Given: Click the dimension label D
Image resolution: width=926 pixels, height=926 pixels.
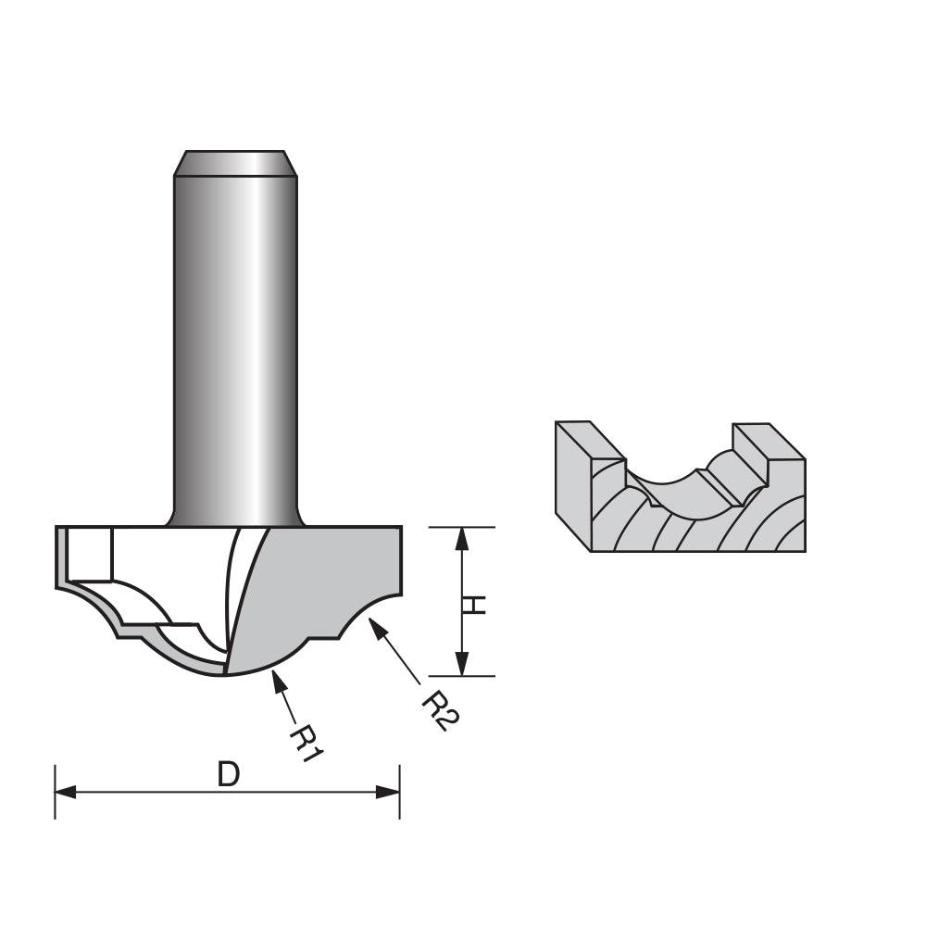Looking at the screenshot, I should [228, 774].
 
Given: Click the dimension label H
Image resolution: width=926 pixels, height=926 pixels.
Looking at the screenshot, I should [474, 604].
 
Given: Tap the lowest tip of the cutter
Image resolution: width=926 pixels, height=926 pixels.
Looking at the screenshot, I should [226, 674].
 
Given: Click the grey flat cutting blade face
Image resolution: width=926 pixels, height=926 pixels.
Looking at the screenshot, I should [315, 583].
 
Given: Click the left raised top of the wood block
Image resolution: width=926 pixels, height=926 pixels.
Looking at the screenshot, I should [589, 440].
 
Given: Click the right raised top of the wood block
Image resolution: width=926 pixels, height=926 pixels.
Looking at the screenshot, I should [769, 441].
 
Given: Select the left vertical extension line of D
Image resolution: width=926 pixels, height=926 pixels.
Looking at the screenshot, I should [56, 792].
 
